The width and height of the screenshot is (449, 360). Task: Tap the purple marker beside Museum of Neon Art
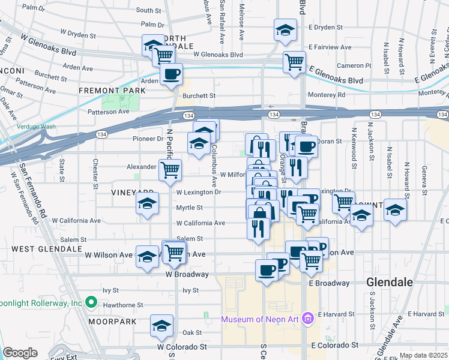(x=308, y=317)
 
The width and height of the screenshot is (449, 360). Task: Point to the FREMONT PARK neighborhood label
(x=112, y=91)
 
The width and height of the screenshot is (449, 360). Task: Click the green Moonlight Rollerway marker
(x=91, y=302)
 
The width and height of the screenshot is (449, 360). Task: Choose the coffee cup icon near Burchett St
(x=172, y=74)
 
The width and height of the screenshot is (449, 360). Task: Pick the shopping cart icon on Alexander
(x=170, y=170)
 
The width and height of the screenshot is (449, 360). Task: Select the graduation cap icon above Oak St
(x=161, y=326)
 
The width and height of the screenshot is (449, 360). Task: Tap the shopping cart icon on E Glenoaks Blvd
(x=294, y=61)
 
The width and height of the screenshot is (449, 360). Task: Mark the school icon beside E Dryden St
(x=285, y=30)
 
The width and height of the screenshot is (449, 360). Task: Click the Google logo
(x=20, y=352)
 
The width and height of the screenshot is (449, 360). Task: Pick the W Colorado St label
(x=182, y=347)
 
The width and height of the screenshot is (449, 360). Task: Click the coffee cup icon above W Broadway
(x=267, y=269)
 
